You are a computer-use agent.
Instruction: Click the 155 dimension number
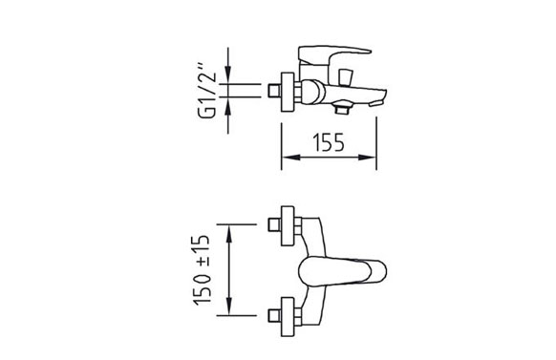(x=329, y=142)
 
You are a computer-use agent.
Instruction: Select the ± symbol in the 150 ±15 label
(x=203, y=260)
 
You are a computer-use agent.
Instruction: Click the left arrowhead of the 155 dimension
(x=290, y=158)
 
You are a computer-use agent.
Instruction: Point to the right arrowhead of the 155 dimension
(x=367, y=158)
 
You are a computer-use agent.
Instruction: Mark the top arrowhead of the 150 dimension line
(x=229, y=234)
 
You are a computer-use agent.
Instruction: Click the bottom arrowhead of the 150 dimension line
(x=229, y=306)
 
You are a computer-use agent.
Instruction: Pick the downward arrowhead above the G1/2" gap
(x=228, y=74)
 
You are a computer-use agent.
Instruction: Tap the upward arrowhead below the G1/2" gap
(x=228, y=106)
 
